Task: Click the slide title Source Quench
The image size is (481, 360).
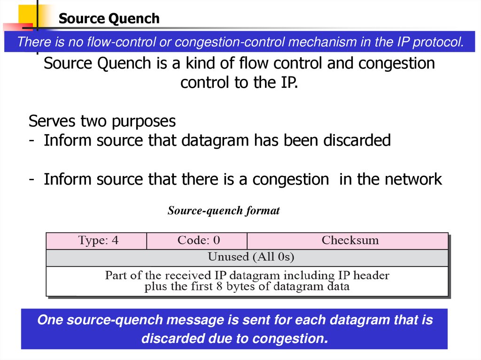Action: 109,19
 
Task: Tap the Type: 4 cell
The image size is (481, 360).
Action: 98,241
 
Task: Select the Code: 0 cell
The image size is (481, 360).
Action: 198,241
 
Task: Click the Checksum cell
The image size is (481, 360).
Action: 350,241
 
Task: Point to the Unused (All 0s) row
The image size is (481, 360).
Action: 251,257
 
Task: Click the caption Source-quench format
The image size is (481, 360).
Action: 224,211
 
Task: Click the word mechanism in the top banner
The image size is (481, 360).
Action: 322,42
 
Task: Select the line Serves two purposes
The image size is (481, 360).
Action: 102,122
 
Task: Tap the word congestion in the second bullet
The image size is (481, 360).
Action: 290,179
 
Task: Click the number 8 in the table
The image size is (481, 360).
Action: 219,287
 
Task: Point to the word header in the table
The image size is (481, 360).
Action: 372,275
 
